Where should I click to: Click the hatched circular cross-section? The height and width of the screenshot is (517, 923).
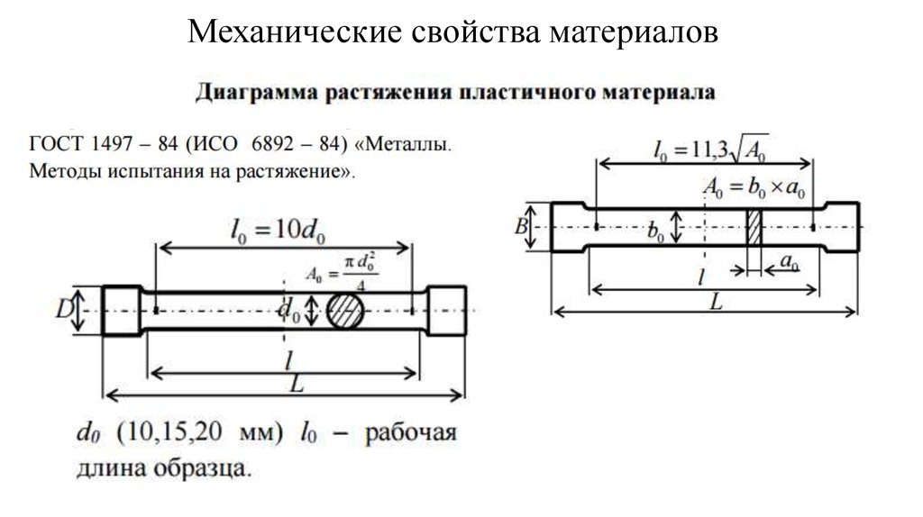[345, 311]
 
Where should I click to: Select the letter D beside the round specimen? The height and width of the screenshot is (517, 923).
[64, 311]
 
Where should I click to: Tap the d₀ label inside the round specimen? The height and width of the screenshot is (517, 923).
[288, 312]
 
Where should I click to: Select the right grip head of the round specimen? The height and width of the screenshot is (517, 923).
[446, 311]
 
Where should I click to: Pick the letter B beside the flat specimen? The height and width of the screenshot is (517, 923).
[520, 226]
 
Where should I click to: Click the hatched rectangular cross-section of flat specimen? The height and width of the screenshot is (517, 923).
[754, 227]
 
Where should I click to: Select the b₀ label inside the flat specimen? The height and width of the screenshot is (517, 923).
[656, 231]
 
